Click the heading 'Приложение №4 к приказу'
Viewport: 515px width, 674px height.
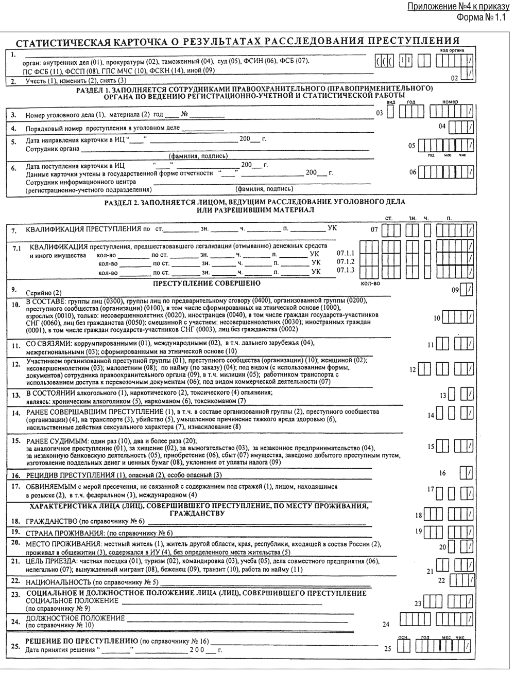[457, 7]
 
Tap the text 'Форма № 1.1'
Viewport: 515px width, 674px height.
[482, 17]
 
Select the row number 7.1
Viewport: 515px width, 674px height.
[16, 249]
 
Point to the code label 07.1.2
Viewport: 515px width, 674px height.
[345, 262]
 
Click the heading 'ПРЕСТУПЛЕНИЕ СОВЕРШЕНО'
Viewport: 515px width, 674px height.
[206, 283]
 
